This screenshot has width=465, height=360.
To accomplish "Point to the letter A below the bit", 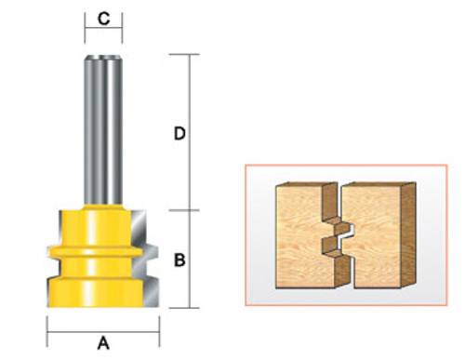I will (x=103, y=342).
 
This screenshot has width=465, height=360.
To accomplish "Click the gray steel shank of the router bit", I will (x=103, y=121).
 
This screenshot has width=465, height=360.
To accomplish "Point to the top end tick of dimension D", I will (x=193, y=54).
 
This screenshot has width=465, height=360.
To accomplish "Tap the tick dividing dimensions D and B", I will (x=193, y=209).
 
